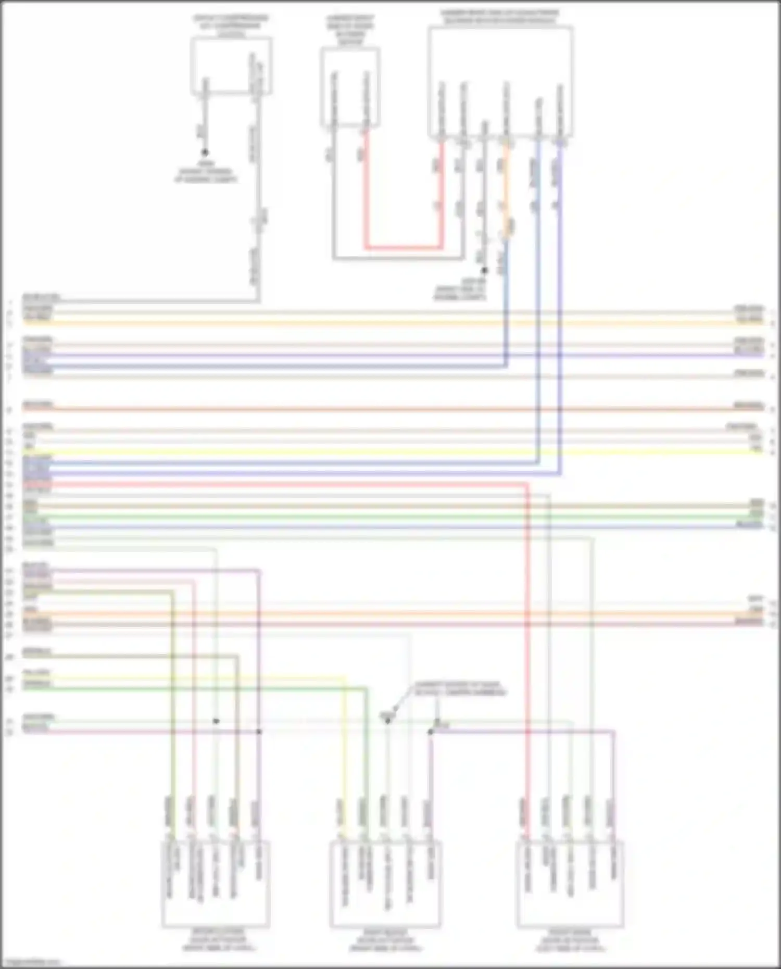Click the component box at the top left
point(231,66)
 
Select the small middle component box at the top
point(349,86)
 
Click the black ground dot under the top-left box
point(205,153)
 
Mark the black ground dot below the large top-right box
point(484,270)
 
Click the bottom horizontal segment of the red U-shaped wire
point(404,247)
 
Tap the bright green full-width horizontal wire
point(391,517)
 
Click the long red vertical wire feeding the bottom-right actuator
point(527,651)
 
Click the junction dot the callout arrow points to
point(387,721)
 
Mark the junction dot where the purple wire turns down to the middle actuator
point(431,732)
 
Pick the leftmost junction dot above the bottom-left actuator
point(216,721)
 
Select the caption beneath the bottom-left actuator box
point(218,940)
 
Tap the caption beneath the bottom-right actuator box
point(571,940)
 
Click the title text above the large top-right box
point(500,16)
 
